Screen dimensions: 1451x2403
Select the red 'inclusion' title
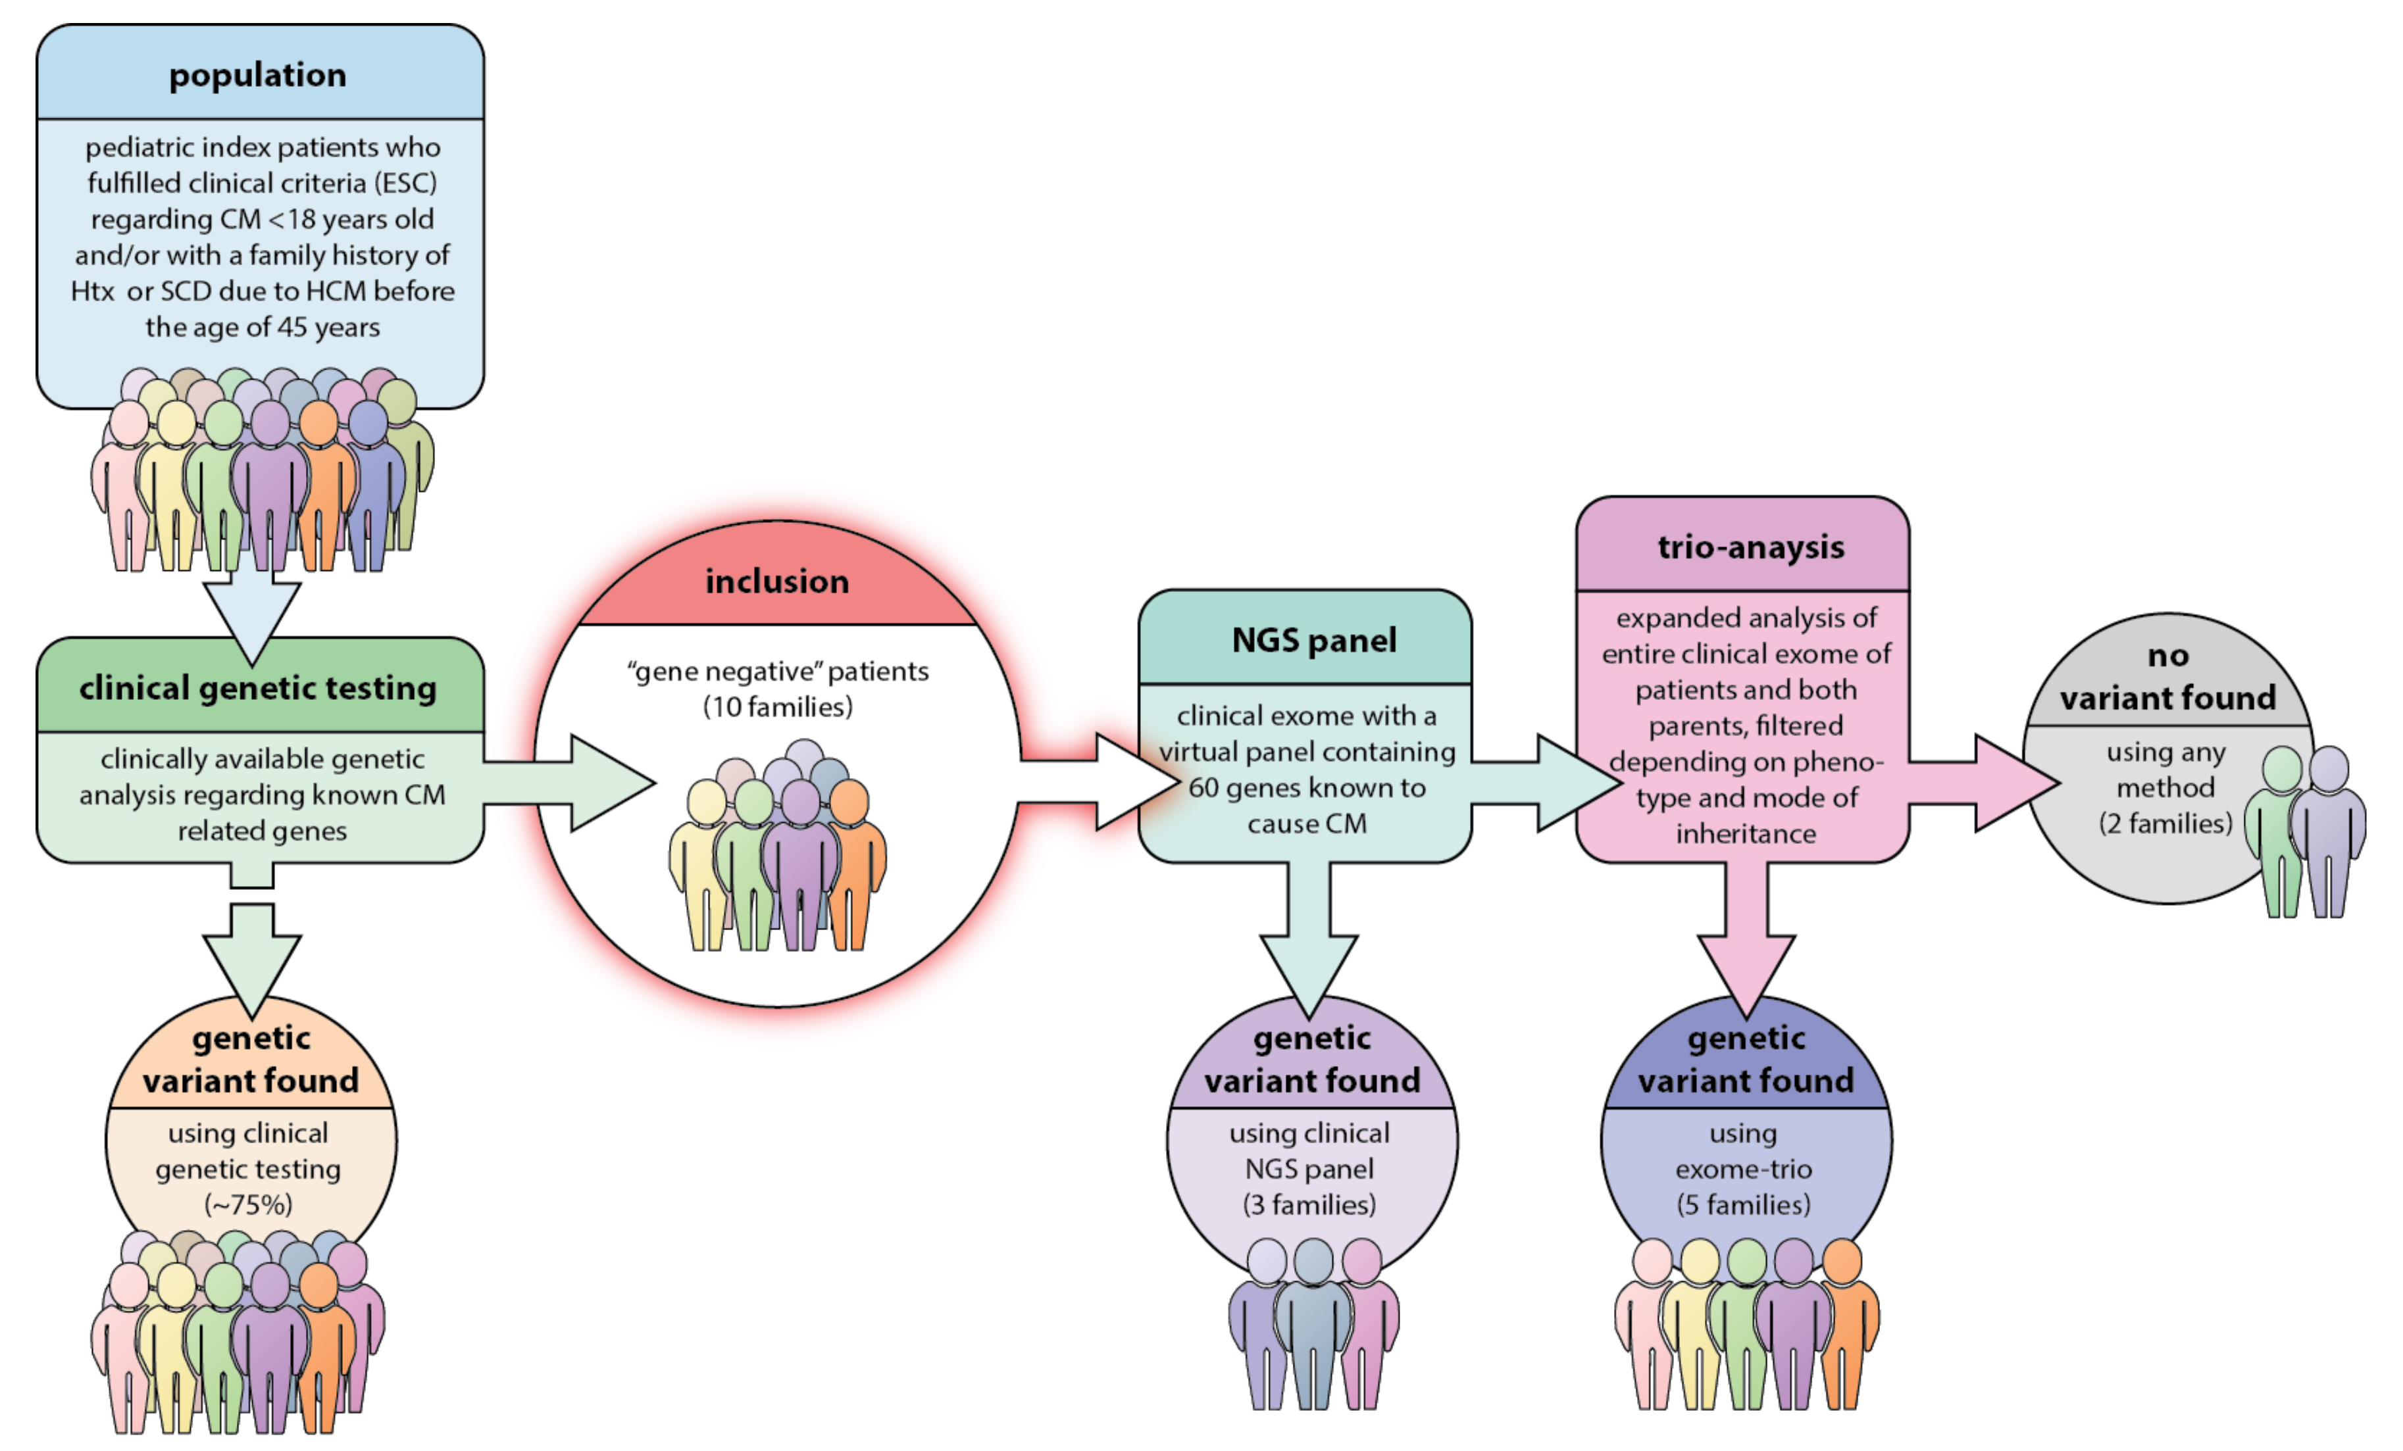coord(777,581)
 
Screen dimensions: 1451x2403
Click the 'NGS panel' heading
coord(1313,640)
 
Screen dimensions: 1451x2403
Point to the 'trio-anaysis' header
coord(1750,547)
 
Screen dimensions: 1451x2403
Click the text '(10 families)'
coord(777,707)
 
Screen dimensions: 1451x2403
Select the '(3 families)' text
coord(1309,1205)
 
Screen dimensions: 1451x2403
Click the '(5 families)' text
coord(1743,1205)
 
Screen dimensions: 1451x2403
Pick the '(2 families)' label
coord(2165,824)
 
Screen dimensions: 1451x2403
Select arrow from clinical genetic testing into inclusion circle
coord(585,783)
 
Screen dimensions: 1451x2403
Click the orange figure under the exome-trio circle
coord(1843,1326)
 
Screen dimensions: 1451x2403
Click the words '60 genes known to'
coord(1307,788)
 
